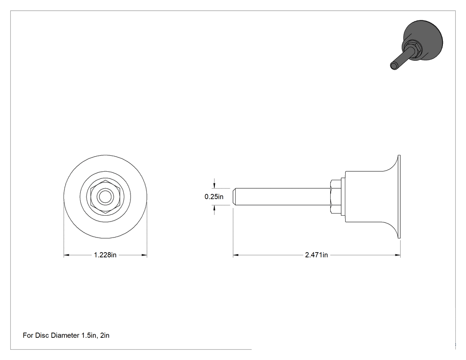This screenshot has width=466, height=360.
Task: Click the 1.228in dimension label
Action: [x=105, y=255]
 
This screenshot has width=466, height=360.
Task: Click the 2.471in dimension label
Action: [x=316, y=255]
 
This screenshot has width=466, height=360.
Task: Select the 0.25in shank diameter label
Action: [x=214, y=197]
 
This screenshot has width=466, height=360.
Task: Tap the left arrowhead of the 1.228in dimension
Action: [x=67, y=255]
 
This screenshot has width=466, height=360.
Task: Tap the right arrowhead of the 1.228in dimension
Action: [x=144, y=255]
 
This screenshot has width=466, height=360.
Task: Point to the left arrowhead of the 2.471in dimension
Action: [x=236, y=255]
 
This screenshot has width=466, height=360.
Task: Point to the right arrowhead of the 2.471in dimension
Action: [x=397, y=255]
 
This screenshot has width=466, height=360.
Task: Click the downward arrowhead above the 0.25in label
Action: [x=214, y=186]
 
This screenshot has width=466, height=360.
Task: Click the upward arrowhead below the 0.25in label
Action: [x=214, y=208]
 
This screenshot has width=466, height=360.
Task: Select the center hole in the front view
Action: [x=105, y=197]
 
